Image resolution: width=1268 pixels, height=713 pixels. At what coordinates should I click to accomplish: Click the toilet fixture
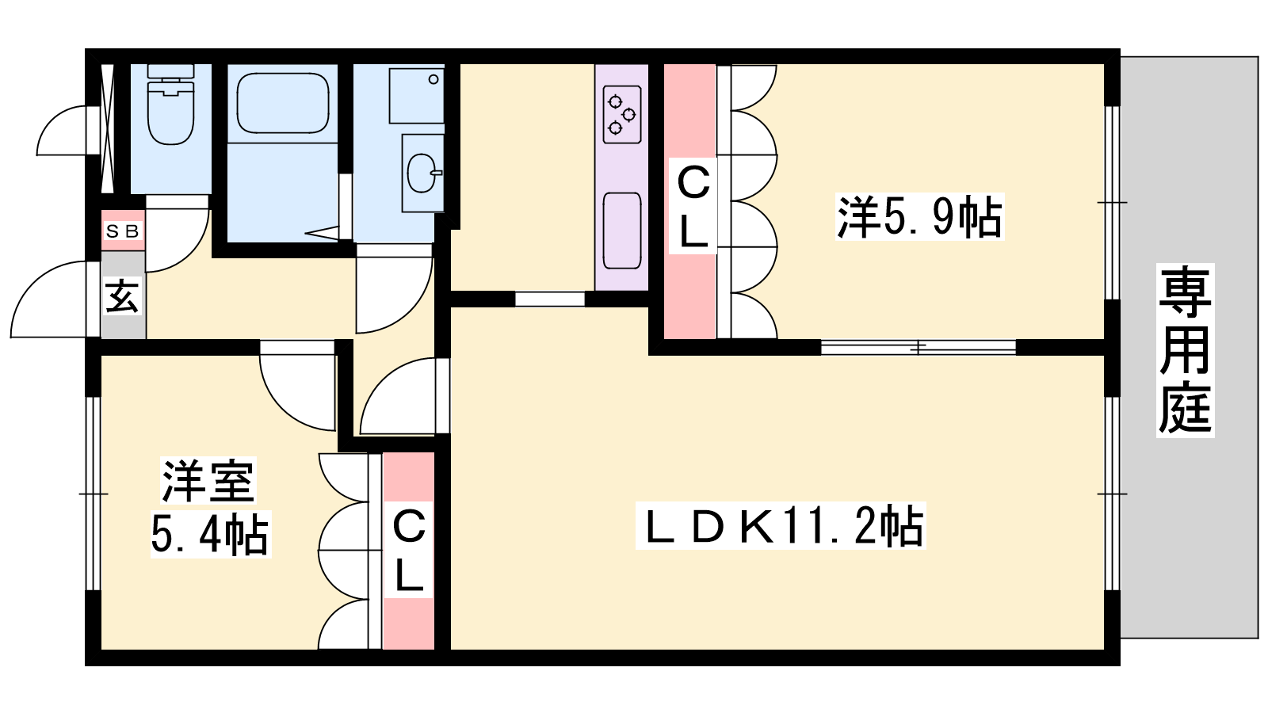[170, 104]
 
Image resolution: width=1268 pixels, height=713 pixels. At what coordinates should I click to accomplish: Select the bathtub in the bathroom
[283, 103]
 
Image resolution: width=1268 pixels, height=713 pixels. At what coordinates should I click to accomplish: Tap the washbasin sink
[423, 173]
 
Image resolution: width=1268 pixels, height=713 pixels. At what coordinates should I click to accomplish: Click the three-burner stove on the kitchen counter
[622, 114]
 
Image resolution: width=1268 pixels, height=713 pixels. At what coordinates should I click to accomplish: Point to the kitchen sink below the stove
[622, 231]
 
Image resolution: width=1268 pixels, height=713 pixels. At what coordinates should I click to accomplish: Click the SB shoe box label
[123, 231]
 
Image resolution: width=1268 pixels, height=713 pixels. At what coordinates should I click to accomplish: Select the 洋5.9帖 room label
[919, 217]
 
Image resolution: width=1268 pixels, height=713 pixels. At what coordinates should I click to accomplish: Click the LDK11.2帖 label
[781, 526]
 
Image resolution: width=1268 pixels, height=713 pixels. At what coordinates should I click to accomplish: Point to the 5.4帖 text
[211, 534]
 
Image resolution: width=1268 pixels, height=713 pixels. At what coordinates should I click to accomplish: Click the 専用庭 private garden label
[1185, 350]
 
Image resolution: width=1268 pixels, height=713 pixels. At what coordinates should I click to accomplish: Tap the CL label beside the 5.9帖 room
[693, 205]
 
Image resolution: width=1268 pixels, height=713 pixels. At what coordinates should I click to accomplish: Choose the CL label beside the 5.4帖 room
[409, 550]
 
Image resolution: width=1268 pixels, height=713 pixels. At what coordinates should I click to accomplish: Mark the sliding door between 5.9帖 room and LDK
[919, 347]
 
